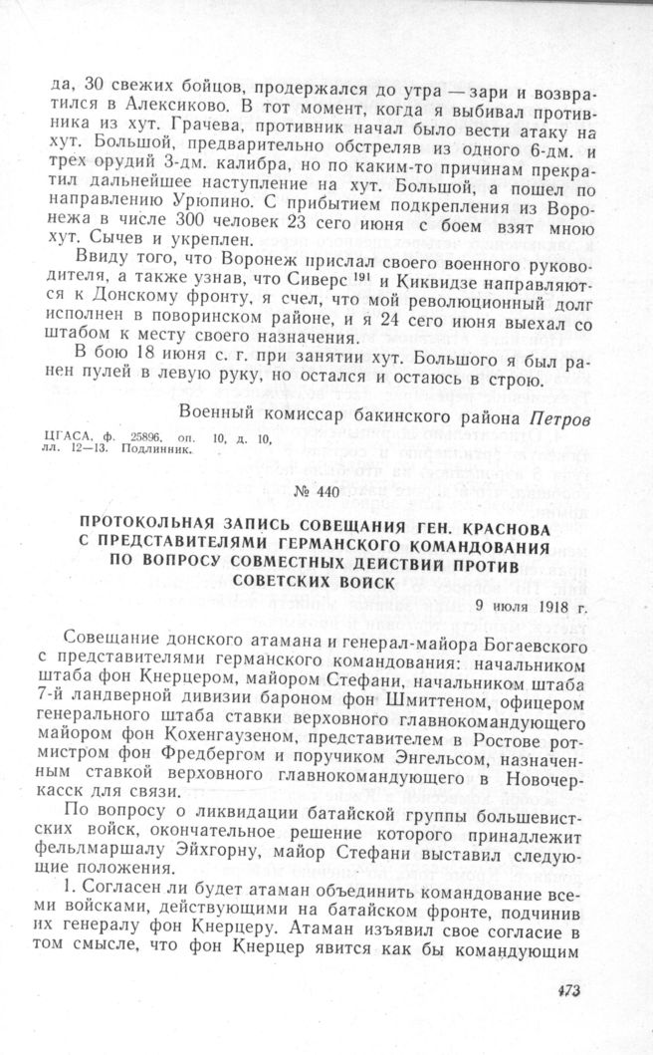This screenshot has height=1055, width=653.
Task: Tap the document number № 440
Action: click(x=326, y=491)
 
